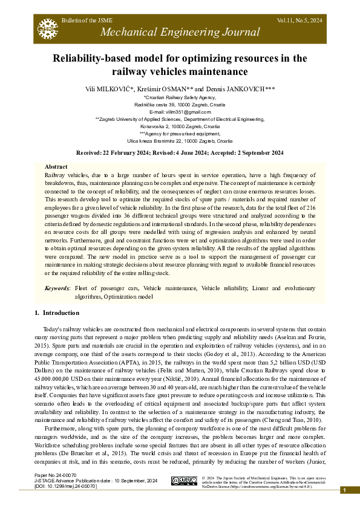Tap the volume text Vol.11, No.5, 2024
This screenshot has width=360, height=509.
pos(299,20)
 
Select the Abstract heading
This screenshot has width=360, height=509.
pos(56,166)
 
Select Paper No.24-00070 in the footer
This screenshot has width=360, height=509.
pos(56,476)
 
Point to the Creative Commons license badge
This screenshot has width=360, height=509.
pos(185,481)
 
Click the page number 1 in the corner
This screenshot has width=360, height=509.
pos(344,490)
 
